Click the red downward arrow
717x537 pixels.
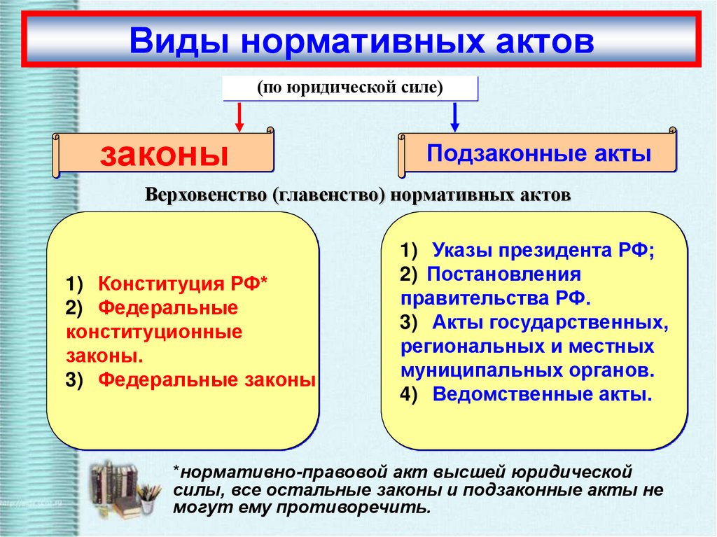pyautogui.click(x=239, y=116)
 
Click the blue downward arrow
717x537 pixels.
pyautogui.click(x=454, y=116)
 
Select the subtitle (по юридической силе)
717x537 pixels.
pyautogui.click(x=349, y=88)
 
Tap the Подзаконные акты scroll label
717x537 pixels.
pyautogui.click(x=539, y=153)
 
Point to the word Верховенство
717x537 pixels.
pyautogui.click(x=202, y=195)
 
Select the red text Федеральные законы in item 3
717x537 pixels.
pyautogui.click(x=207, y=379)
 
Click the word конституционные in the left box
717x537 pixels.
pyautogui.click(x=155, y=332)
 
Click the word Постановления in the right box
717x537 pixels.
pyautogui.click(x=504, y=274)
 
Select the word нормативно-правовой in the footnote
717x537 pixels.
pyautogui.click(x=258, y=472)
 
